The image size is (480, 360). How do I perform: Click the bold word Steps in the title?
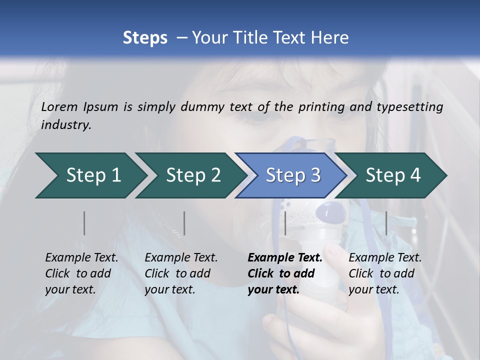coord(145,38)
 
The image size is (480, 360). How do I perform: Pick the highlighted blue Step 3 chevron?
coord(293,175)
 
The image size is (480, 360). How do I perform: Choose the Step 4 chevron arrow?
coord(393,175)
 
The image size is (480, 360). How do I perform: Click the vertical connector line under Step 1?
coord(84,223)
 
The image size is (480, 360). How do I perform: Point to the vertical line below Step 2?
coord(184,223)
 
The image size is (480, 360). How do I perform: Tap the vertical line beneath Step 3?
coord(285,223)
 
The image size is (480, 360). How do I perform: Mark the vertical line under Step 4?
coord(386,223)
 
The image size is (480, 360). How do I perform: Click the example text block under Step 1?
coord(81,273)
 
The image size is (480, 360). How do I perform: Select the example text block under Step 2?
coord(181,273)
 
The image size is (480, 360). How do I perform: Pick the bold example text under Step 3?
coord(284,273)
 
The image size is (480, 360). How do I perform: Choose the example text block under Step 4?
coord(385,273)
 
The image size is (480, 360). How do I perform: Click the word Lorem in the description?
coord(59,107)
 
